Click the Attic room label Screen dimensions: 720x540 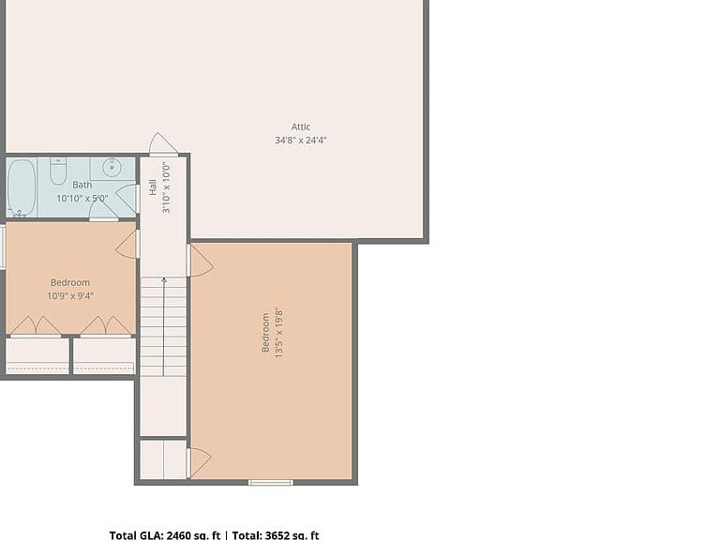click(301, 127)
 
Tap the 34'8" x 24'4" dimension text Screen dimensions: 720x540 click(301, 140)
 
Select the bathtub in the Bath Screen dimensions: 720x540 click(22, 187)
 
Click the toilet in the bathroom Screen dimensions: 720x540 click(58, 171)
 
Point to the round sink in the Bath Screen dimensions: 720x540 click(112, 168)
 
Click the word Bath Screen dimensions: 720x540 click(82, 185)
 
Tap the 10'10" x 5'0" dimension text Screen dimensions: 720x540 click(82, 199)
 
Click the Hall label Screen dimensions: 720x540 click(153, 187)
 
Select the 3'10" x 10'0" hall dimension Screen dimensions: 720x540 click(166, 187)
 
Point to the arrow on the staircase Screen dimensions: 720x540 click(164, 326)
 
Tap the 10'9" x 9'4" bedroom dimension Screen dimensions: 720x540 click(70, 295)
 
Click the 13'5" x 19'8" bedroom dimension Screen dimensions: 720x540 click(278, 333)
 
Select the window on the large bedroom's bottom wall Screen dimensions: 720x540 click(270, 482)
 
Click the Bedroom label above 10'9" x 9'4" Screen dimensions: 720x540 click(70, 282)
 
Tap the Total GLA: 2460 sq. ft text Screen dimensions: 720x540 click(165, 535)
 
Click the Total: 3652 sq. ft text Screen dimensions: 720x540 click(276, 535)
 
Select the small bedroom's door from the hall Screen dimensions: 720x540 click(127, 245)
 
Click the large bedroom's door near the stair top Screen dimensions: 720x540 click(201, 261)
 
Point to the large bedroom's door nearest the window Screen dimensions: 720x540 click(199, 462)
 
